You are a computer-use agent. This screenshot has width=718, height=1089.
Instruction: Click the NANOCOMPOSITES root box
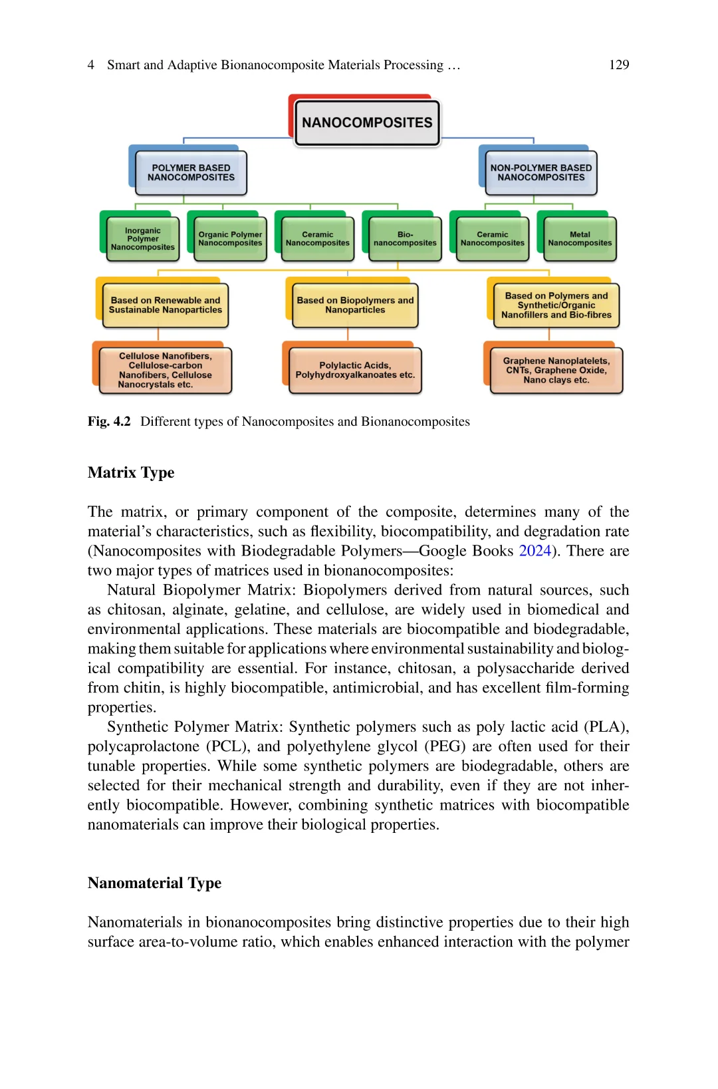367,122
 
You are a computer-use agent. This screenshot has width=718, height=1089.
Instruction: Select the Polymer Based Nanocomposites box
191,173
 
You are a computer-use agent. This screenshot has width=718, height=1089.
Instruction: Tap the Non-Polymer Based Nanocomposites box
540,173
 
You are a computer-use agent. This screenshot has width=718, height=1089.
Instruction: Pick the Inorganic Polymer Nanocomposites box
143,239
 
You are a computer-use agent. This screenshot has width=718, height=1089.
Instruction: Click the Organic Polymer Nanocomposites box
230,239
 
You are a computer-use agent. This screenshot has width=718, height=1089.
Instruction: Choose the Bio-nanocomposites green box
405,239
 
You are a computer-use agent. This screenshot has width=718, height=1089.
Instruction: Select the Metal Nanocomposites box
580,239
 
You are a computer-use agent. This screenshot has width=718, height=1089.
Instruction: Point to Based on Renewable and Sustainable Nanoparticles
166,305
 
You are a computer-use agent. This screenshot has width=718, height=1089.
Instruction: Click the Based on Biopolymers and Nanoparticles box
355,305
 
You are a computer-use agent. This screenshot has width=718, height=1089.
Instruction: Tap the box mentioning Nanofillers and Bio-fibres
556,305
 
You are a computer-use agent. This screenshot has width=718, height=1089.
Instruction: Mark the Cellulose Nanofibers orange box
166,371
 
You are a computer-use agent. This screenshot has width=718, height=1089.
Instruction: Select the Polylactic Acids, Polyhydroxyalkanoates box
355,371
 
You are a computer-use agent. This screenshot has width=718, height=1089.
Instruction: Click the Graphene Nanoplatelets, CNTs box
556,371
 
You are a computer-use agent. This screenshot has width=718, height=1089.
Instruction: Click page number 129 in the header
619,65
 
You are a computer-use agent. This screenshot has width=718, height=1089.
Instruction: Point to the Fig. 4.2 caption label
109,422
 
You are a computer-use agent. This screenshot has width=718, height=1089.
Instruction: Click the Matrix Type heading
131,472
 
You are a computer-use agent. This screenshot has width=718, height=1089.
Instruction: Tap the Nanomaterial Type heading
154,883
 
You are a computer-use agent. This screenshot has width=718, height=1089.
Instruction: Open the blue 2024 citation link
535,551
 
